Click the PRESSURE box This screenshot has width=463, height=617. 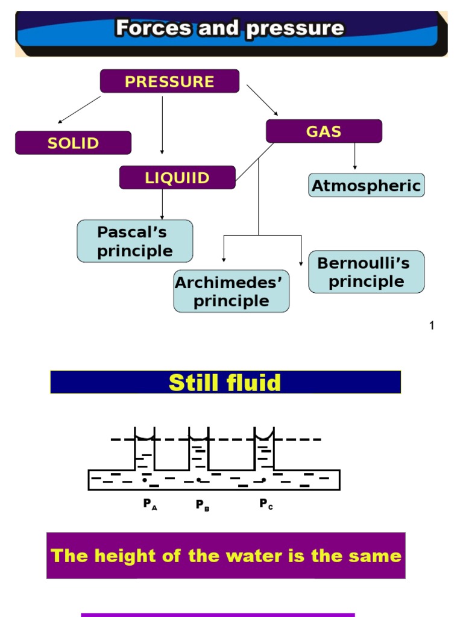(169, 81)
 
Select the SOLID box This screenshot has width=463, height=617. (73, 143)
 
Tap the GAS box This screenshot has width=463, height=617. (324, 131)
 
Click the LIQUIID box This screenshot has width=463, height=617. (177, 178)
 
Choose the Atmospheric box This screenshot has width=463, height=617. (366, 186)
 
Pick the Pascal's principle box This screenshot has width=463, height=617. (135, 241)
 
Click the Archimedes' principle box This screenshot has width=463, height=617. (231, 291)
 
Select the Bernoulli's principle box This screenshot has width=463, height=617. (366, 272)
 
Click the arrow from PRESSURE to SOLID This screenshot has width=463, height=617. (79, 110)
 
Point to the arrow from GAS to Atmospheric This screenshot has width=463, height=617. (354, 156)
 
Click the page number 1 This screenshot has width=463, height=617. (432, 326)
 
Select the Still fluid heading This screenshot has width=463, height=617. (225, 383)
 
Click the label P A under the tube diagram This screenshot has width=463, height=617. (150, 504)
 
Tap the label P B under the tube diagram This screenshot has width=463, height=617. (202, 505)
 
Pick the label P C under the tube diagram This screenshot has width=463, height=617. (266, 504)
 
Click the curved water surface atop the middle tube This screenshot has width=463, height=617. (198, 436)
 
